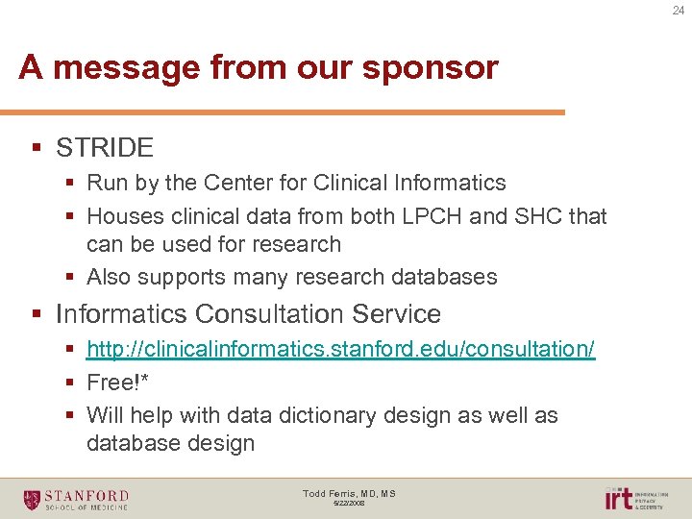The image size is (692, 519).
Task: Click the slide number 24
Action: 678,12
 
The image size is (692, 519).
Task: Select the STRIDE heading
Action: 105,147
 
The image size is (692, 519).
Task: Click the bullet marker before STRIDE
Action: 37,147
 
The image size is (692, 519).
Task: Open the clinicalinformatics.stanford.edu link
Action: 340,350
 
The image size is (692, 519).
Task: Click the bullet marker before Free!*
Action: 70,383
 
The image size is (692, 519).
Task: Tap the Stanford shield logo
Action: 32,499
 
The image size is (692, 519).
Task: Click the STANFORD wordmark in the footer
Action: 87,495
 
